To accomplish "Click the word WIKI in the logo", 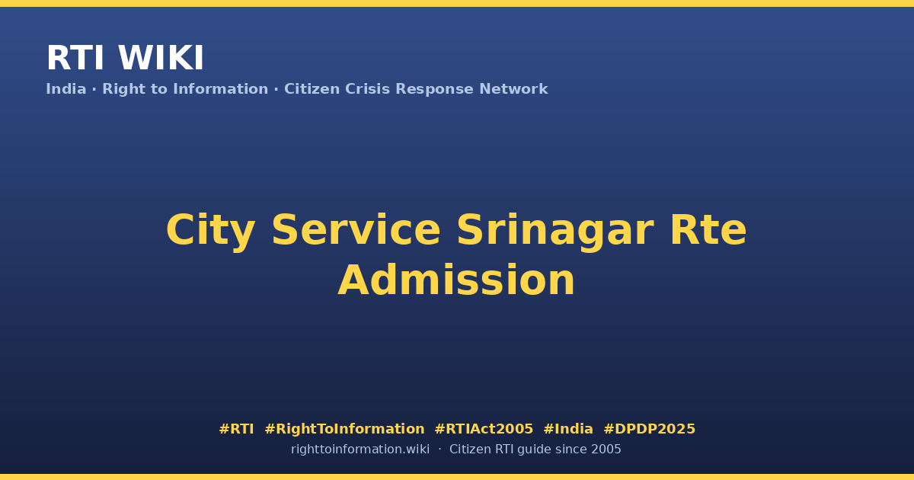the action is tap(161, 58).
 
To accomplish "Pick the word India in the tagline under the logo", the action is tap(66, 89).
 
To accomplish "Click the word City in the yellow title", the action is tap(210, 231).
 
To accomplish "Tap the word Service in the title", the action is tap(356, 230).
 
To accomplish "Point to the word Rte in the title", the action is tap(708, 230).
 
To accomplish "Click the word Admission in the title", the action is tap(456, 280).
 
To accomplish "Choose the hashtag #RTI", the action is tap(236, 429).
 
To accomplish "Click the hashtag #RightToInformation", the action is tap(344, 430).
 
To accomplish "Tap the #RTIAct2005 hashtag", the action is tap(484, 429).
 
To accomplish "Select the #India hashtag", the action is tap(568, 429).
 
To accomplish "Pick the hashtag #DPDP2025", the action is tap(649, 429).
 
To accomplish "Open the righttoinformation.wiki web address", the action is tap(360, 450).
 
